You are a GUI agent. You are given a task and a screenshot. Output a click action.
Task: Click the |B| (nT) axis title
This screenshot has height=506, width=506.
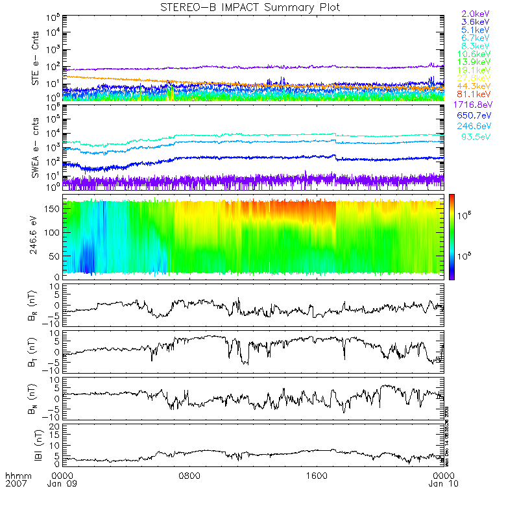click(x=36, y=446)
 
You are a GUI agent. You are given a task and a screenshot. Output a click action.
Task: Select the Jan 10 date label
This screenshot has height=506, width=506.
click(x=442, y=485)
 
